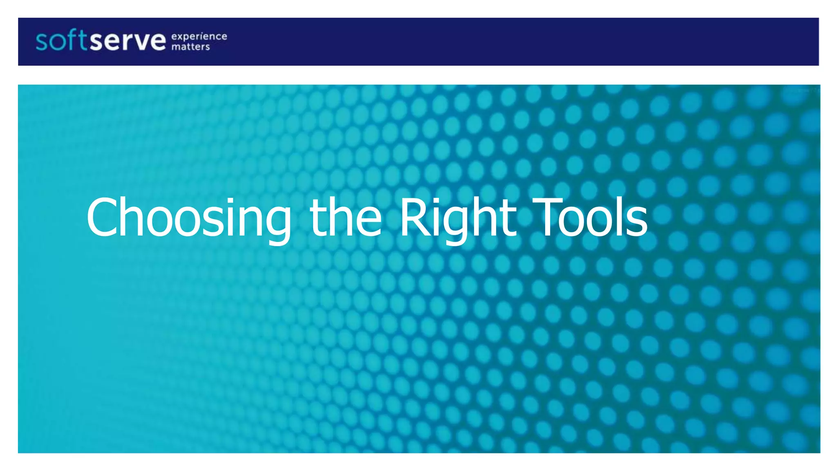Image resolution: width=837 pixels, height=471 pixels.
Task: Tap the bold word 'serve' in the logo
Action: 128,42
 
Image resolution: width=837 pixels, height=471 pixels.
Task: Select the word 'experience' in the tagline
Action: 199,36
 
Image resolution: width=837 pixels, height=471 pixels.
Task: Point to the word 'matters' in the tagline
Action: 190,47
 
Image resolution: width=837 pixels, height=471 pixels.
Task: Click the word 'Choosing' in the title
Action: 188,219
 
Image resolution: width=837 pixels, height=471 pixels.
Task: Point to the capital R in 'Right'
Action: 413,218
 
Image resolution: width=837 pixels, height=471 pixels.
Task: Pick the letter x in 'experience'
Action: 181,37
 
